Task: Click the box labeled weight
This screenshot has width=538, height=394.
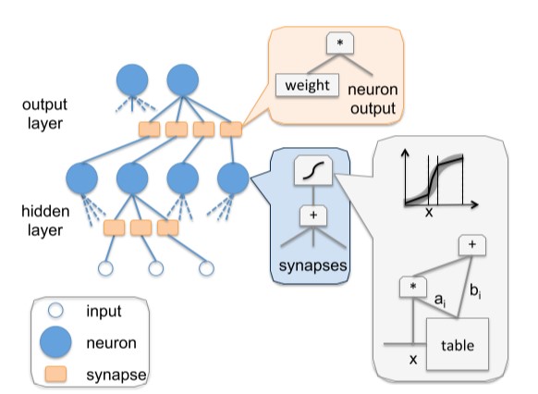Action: pyautogui.click(x=307, y=85)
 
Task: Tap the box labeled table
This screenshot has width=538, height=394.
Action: pyautogui.click(x=458, y=344)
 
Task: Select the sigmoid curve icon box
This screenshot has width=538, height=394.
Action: pyautogui.click(x=313, y=170)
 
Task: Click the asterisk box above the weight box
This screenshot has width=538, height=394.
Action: pyautogui.click(x=340, y=43)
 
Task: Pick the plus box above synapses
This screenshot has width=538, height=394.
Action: pyautogui.click(x=313, y=215)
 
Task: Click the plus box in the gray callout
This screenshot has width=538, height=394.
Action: pyautogui.click(x=472, y=245)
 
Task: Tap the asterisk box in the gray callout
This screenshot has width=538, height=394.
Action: pyautogui.click(x=413, y=287)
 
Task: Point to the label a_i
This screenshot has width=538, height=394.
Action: pyautogui.click(x=440, y=301)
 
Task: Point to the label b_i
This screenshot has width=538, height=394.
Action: pyautogui.click(x=475, y=291)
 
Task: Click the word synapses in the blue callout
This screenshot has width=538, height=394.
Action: pyautogui.click(x=313, y=265)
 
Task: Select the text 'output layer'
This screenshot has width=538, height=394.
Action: pyautogui.click(x=44, y=114)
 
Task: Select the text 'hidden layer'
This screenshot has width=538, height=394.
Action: pyautogui.click(x=45, y=221)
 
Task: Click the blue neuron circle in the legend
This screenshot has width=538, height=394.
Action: pyautogui.click(x=55, y=342)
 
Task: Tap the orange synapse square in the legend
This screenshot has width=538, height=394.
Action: pyautogui.click(x=55, y=374)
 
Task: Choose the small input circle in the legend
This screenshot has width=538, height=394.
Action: pyautogui.click(x=55, y=311)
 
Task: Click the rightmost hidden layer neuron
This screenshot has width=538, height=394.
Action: pyautogui.click(x=233, y=179)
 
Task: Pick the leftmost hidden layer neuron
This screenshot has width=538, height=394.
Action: pyautogui.click(x=81, y=179)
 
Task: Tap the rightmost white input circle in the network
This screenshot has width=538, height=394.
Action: pyautogui.click(x=206, y=268)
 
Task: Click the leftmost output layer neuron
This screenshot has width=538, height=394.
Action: pyautogui.click(x=132, y=80)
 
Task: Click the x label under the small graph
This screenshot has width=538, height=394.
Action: pyautogui.click(x=429, y=213)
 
